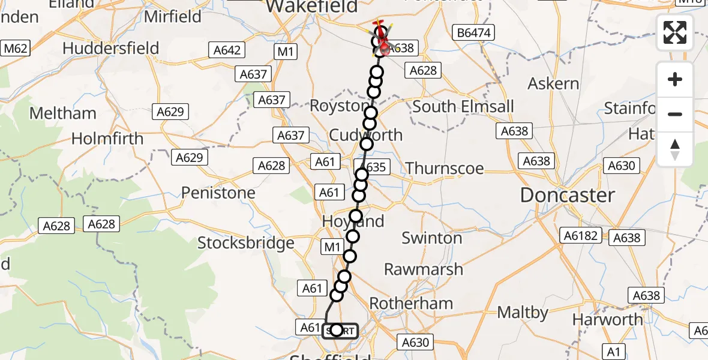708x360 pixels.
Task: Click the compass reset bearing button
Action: [675, 149]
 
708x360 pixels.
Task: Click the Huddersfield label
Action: [111, 48]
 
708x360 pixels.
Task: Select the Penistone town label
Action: [218, 193]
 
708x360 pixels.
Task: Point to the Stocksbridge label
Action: [246, 243]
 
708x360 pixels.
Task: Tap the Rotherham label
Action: [411, 303]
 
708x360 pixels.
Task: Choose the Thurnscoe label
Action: [445, 168]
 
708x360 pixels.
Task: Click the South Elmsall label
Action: [463, 107]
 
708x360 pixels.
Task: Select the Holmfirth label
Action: [107, 139]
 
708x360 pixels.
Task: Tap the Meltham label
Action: [62, 113]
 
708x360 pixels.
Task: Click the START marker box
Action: [340, 331]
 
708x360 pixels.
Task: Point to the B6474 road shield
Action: [473, 34]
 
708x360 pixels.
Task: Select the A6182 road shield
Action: [580, 236]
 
